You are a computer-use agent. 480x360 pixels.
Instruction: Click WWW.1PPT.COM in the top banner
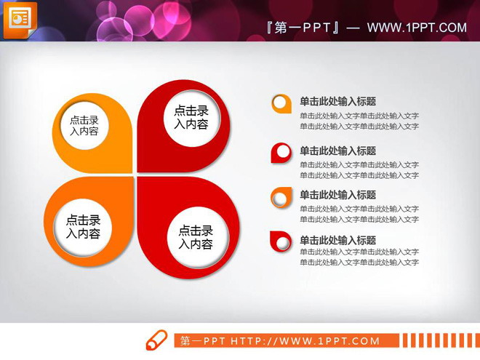(x=417, y=28)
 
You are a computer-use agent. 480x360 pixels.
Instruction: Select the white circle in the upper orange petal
(x=84, y=126)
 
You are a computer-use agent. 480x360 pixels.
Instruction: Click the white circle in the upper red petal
(x=191, y=117)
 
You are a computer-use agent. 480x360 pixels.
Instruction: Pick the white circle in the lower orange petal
(x=84, y=227)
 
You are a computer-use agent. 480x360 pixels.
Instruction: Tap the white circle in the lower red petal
(x=196, y=237)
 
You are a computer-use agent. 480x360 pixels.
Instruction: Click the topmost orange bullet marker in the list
(x=281, y=103)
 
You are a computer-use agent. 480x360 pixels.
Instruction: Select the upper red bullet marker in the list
(x=281, y=152)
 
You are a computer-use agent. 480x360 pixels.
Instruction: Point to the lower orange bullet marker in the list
(x=281, y=196)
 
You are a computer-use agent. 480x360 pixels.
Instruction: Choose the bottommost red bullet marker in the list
(x=281, y=241)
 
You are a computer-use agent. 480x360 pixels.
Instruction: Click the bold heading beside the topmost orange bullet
(x=337, y=102)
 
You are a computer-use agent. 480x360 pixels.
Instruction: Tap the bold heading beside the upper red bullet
(x=337, y=151)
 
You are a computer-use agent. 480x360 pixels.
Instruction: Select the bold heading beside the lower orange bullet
(x=337, y=195)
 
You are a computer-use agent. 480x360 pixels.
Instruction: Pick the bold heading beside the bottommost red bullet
(x=337, y=241)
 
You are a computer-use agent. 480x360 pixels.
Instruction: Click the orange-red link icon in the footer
(x=156, y=340)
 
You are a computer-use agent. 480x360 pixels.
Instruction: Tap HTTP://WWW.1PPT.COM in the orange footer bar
(x=305, y=340)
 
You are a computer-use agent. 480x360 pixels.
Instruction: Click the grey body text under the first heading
(x=359, y=121)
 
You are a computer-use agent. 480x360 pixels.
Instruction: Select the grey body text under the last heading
(x=359, y=257)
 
